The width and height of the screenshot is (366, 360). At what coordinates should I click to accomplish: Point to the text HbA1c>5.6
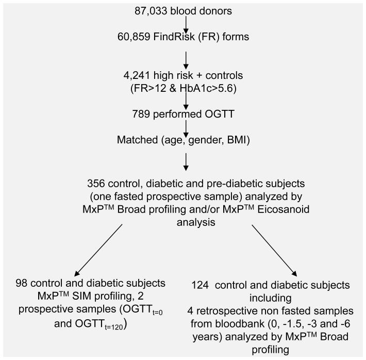tap(216, 88)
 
